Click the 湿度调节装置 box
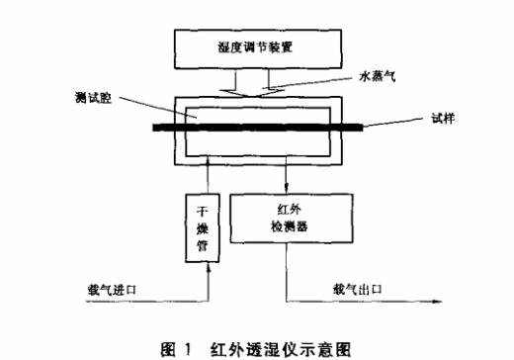click(x=258, y=46)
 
